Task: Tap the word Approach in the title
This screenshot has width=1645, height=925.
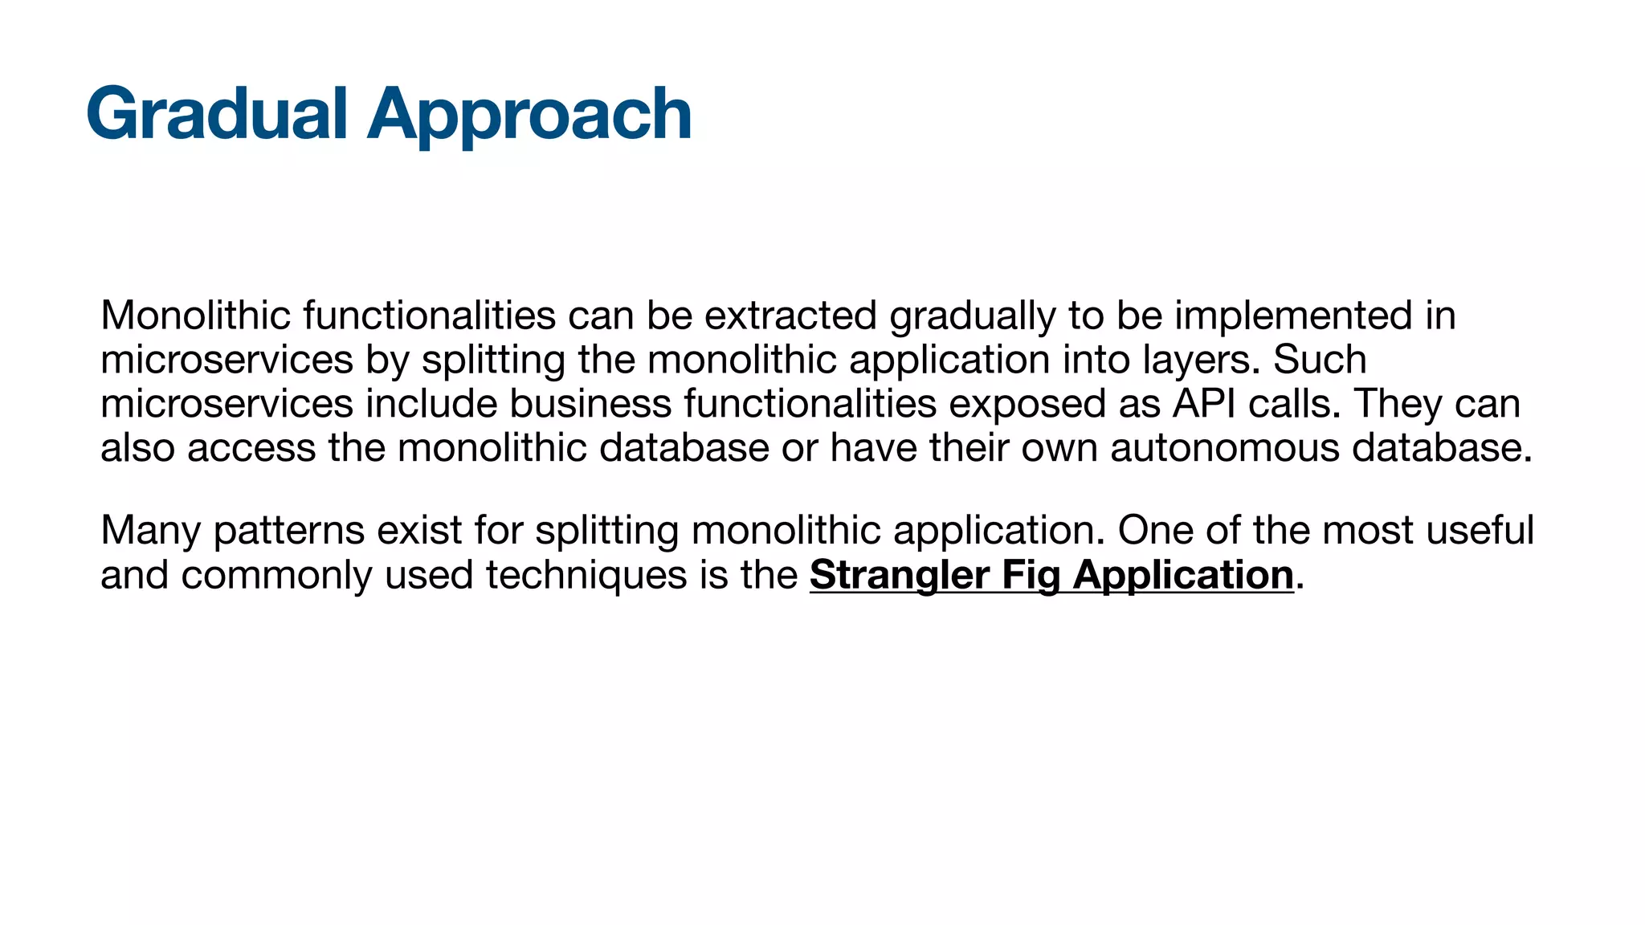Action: click(x=529, y=114)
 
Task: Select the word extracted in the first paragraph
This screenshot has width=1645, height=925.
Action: click(x=790, y=316)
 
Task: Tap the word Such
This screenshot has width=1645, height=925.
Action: click(x=1320, y=360)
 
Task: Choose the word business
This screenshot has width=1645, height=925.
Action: click(x=590, y=404)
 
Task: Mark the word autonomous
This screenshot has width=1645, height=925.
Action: click(x=1225, y=448)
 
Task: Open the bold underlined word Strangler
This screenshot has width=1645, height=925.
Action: click(x=899, y=576)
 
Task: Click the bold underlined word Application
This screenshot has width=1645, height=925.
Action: click(x=1183, y=576)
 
